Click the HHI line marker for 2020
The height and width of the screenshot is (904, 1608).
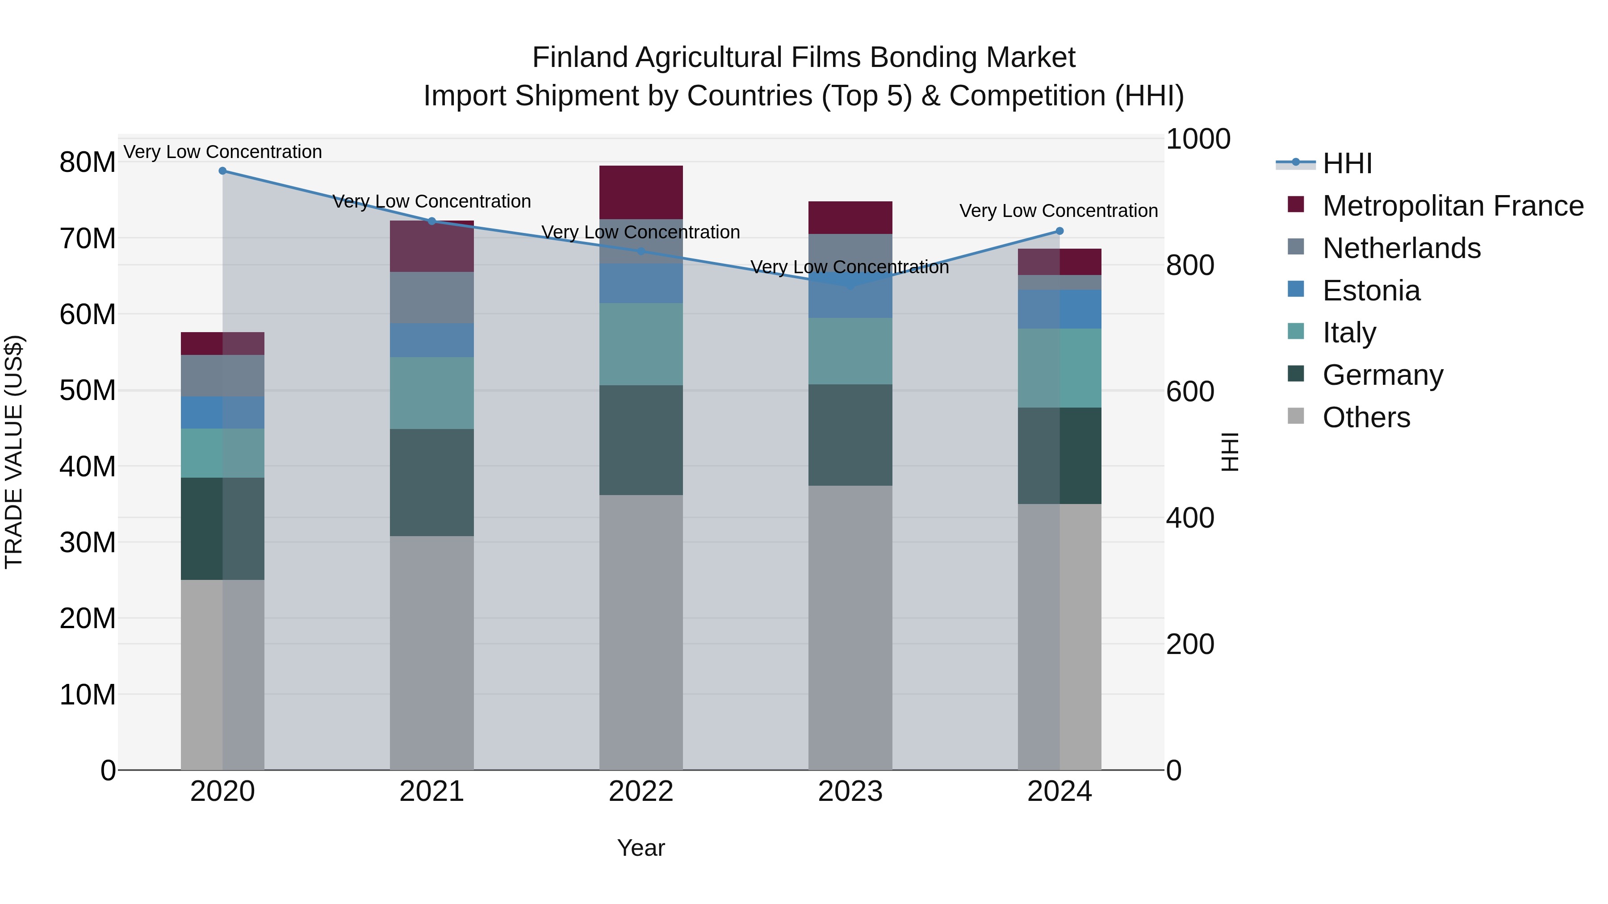(x=222, y=171)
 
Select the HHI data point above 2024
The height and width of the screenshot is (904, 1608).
(x=1059, y=231)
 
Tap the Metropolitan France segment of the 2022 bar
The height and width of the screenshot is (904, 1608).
(x=641, y=192)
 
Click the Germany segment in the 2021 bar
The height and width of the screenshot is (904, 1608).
(x=431, y=482)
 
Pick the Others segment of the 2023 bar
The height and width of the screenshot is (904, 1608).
(x=850, y=627)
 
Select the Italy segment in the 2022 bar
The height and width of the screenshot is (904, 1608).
(x=641, y=344)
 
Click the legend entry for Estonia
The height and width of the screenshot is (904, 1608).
(x=1371, y=291)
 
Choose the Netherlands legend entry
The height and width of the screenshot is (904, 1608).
(x=1401, y=248)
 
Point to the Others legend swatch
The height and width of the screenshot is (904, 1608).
(x=1296, y=416)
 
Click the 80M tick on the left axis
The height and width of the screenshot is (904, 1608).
(x=88, y=162)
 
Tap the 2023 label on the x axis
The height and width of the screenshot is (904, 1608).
(x=850, y=792)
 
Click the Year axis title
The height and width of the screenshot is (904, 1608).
(x=641, y=848)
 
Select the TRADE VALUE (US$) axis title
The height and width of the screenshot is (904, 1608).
(x=14, y=452)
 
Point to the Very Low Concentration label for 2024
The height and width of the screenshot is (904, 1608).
(x=1058, y=211)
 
